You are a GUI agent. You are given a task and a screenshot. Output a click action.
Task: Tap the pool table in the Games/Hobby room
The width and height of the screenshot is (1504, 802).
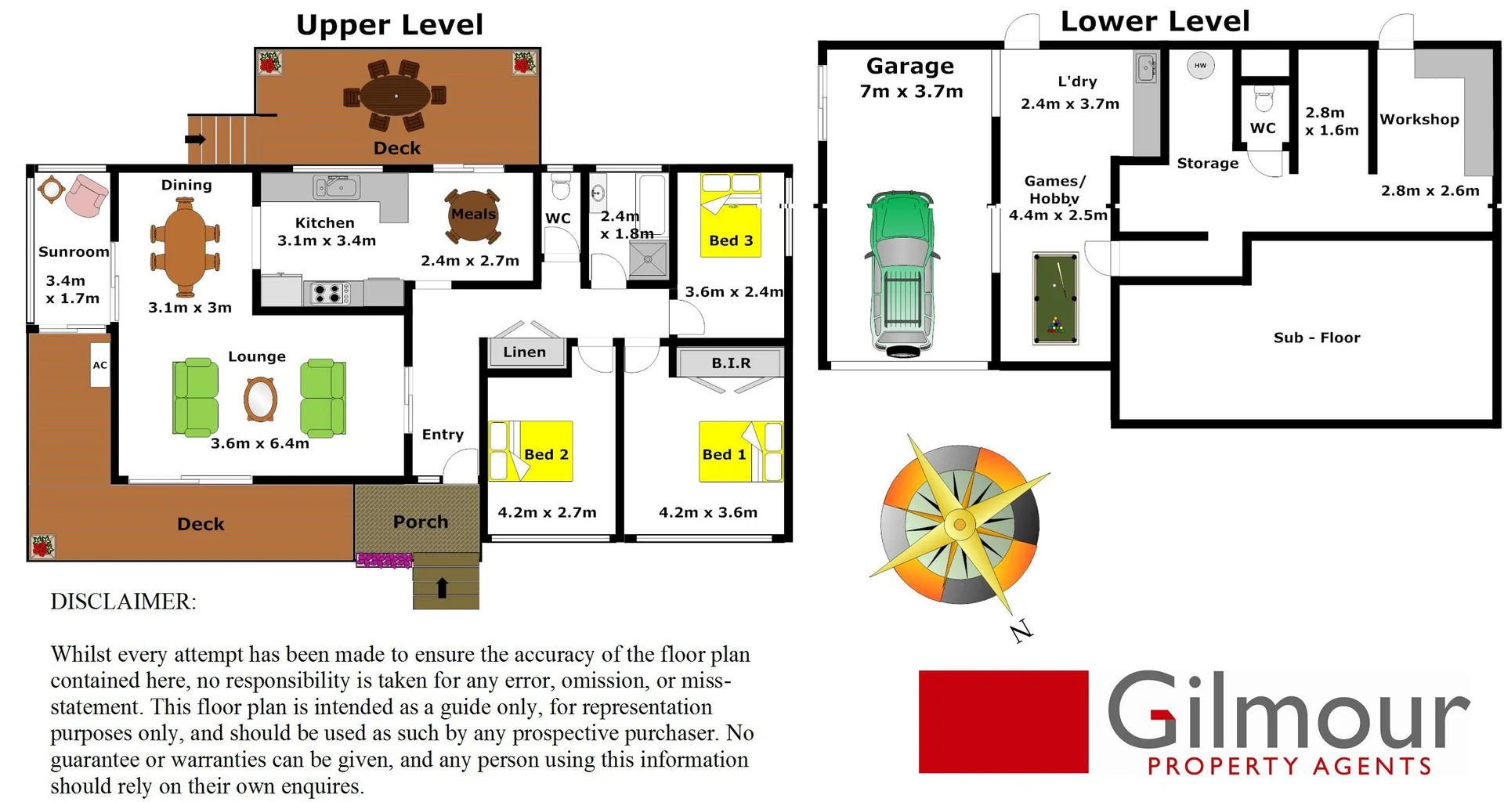click(1055, 298)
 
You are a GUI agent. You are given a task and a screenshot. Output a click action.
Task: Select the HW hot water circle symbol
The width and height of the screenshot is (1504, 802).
click(1200, 66)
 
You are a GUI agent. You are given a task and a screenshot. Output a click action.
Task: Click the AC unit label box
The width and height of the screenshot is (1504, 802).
click(99, 365)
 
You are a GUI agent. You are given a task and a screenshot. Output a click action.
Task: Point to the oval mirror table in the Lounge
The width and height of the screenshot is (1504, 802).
click(260, 399)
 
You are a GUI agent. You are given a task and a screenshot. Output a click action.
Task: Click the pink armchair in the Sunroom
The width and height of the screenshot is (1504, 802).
click(86, 195)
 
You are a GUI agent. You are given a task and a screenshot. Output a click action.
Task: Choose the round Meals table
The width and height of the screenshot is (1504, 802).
click(472, 216)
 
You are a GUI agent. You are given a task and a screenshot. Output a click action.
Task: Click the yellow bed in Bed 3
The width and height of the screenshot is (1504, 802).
click(730, 215)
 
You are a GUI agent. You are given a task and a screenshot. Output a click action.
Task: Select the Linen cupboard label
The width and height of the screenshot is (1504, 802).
click(525, 352)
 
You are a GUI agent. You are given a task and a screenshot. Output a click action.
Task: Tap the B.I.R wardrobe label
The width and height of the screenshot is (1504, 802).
click(731, 363)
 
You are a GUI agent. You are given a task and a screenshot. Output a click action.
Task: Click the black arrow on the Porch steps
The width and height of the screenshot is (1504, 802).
click(442, 587)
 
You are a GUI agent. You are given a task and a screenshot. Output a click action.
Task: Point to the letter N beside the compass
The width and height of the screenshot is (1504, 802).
click(1021, 630)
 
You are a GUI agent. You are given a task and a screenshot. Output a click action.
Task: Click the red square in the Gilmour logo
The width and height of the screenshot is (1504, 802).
click(1003, 721)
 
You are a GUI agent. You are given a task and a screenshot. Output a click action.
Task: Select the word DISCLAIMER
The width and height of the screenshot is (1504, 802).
click(123, 601)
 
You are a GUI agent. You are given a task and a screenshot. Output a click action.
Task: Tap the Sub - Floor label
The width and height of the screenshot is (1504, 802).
click(1316, 338)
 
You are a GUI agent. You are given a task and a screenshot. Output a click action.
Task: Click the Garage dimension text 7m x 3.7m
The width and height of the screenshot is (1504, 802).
click(911, 92)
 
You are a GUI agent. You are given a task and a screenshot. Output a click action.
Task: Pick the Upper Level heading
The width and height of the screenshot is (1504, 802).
click(389, 25)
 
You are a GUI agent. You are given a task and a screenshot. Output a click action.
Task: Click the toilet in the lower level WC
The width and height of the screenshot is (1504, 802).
click(1264, 99)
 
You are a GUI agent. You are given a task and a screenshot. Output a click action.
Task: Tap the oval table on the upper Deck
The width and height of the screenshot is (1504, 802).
click(396, 96)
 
